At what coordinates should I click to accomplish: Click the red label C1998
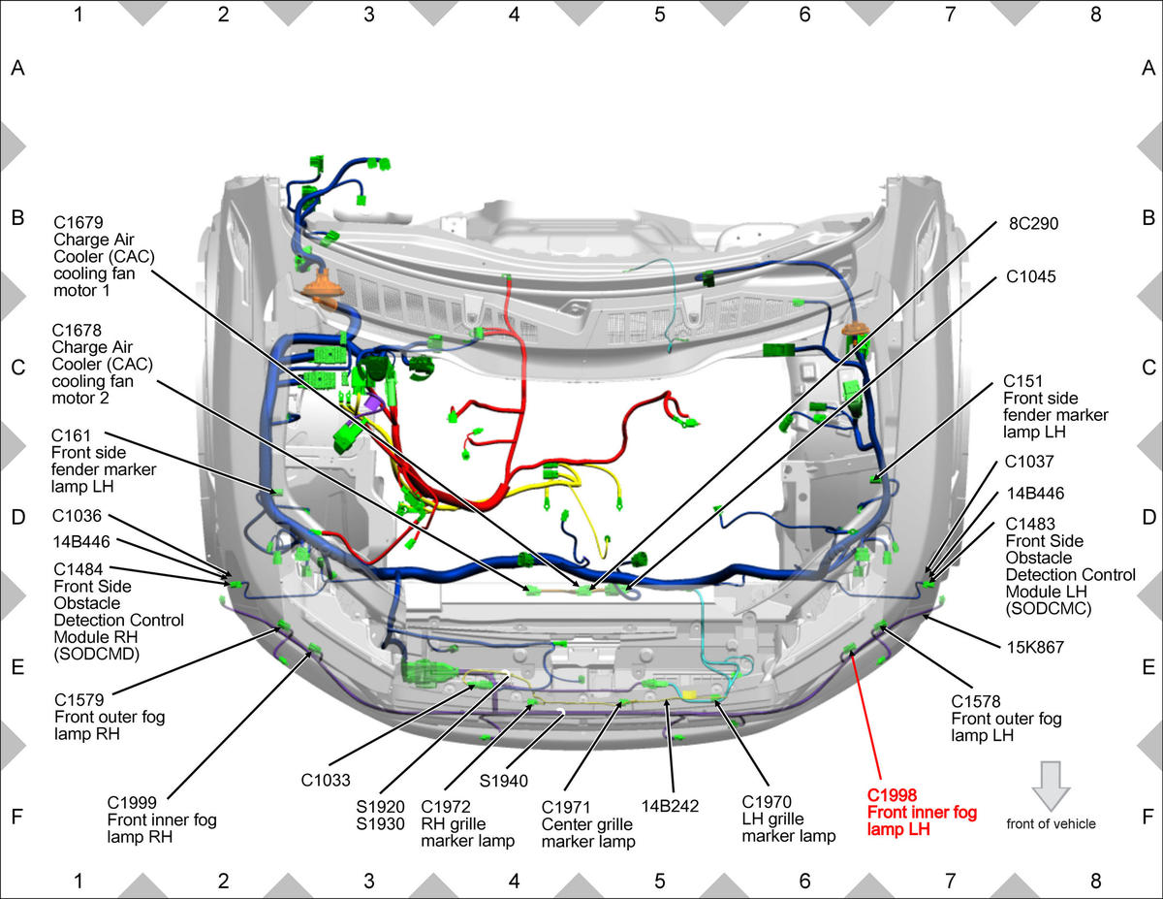point(892,795)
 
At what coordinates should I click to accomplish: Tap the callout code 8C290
point(1033,223)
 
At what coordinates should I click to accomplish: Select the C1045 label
point(1031,276)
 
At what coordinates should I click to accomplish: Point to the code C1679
point(79,222)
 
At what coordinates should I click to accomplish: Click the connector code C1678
point(77,330)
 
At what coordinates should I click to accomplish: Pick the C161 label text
point(71,435)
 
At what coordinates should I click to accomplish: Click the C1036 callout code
point(77,516)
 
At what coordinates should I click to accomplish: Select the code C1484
point(79,569)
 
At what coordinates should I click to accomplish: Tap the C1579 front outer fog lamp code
point(79,700)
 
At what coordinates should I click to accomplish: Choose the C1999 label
point(132,803)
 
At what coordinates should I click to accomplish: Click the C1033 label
point(326,780)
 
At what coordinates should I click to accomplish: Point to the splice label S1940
point(504,782)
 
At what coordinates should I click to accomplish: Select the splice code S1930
point(380,823)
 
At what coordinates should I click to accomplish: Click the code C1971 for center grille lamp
point(566,807)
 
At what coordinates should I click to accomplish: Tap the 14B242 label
point(670,806)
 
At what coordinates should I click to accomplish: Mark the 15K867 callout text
point(1035,648)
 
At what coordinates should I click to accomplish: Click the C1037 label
point(1028,462)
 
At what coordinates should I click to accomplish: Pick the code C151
point(1022,381)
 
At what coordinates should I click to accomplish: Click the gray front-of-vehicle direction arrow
point(1052,787)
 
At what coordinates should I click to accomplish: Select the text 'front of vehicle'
point(1051,823)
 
